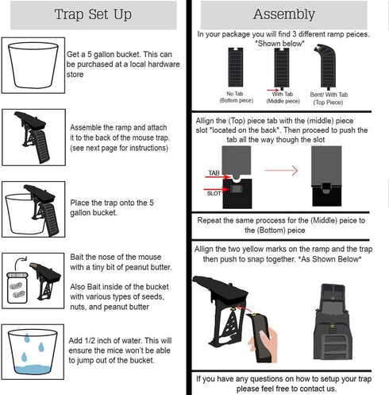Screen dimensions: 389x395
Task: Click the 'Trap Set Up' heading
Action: point(93,14)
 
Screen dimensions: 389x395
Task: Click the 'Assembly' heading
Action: point(284,14)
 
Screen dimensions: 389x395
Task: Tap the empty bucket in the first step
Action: point(33,65)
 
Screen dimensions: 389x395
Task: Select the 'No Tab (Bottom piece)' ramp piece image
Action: point(236,68)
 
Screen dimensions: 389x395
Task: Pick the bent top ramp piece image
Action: point(325,67)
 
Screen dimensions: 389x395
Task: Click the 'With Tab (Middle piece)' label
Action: point(283,98)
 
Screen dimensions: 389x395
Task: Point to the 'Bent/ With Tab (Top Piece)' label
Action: point(329,99)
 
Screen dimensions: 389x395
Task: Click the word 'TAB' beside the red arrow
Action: point(214,172)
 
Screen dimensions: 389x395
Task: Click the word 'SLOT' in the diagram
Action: point(214,193)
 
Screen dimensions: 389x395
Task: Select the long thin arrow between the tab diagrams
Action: point(281,170)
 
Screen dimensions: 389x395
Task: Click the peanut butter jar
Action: point(17,288)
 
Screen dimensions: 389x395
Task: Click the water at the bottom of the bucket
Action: point(33,370)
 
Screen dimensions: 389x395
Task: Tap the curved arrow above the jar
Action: point(21,263)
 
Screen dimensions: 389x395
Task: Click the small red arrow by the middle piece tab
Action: point(272,91)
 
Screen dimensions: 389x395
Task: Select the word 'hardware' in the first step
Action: point(164,64)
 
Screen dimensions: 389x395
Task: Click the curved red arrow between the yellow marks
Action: point(244,308)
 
